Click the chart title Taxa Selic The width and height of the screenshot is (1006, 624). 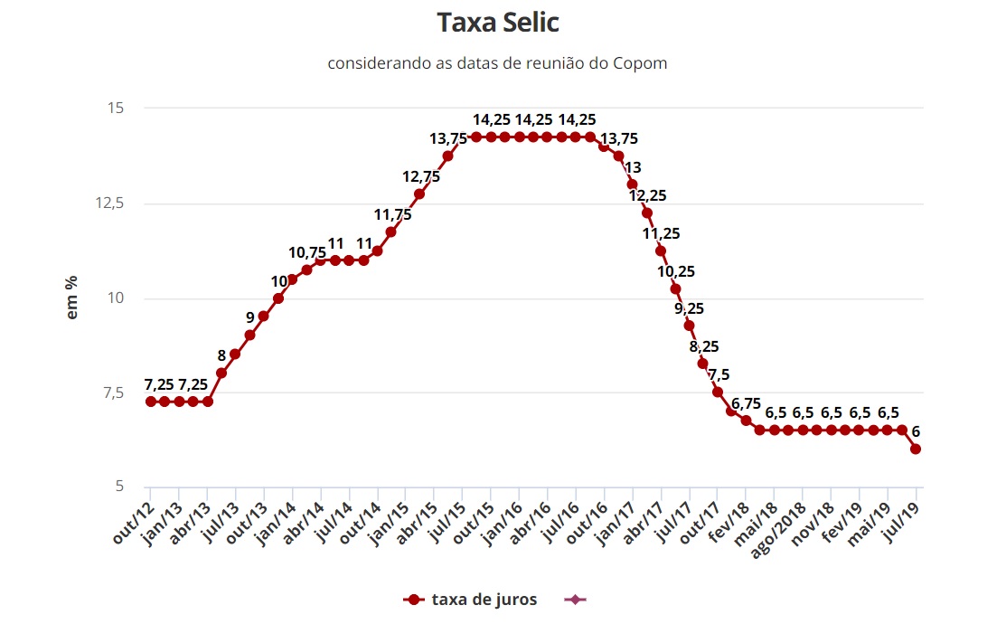[503, 23]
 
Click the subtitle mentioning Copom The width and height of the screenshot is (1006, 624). [497, 63]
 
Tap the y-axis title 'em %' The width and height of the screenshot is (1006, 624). [72, 296]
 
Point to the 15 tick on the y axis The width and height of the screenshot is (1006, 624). [116, 109]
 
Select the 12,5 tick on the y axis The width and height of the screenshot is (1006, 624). [110, 203]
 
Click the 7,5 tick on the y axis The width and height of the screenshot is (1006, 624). [113, 392]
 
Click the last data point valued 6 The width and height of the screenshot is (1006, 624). [916, 449]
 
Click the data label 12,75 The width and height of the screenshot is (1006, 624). [421, 176]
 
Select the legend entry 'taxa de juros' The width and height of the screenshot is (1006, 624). [484, 600]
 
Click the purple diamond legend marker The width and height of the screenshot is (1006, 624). [575, 600]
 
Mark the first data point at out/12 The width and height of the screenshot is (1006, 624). [150, 401]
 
